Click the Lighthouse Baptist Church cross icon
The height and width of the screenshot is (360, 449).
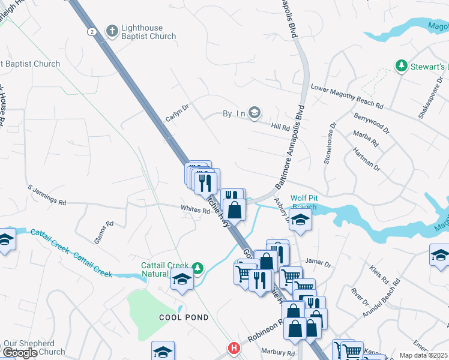[112, 31]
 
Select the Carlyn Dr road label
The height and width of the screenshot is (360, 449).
[177, 112]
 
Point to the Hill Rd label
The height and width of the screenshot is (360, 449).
[280, 127]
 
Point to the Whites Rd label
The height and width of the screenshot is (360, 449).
[194, 209]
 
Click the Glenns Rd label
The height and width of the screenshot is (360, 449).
[104, 233]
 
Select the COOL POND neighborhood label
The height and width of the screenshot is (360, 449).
[184, 317]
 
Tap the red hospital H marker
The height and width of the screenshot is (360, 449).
[234, 348]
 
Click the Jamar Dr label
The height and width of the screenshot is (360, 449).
[318, 263]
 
